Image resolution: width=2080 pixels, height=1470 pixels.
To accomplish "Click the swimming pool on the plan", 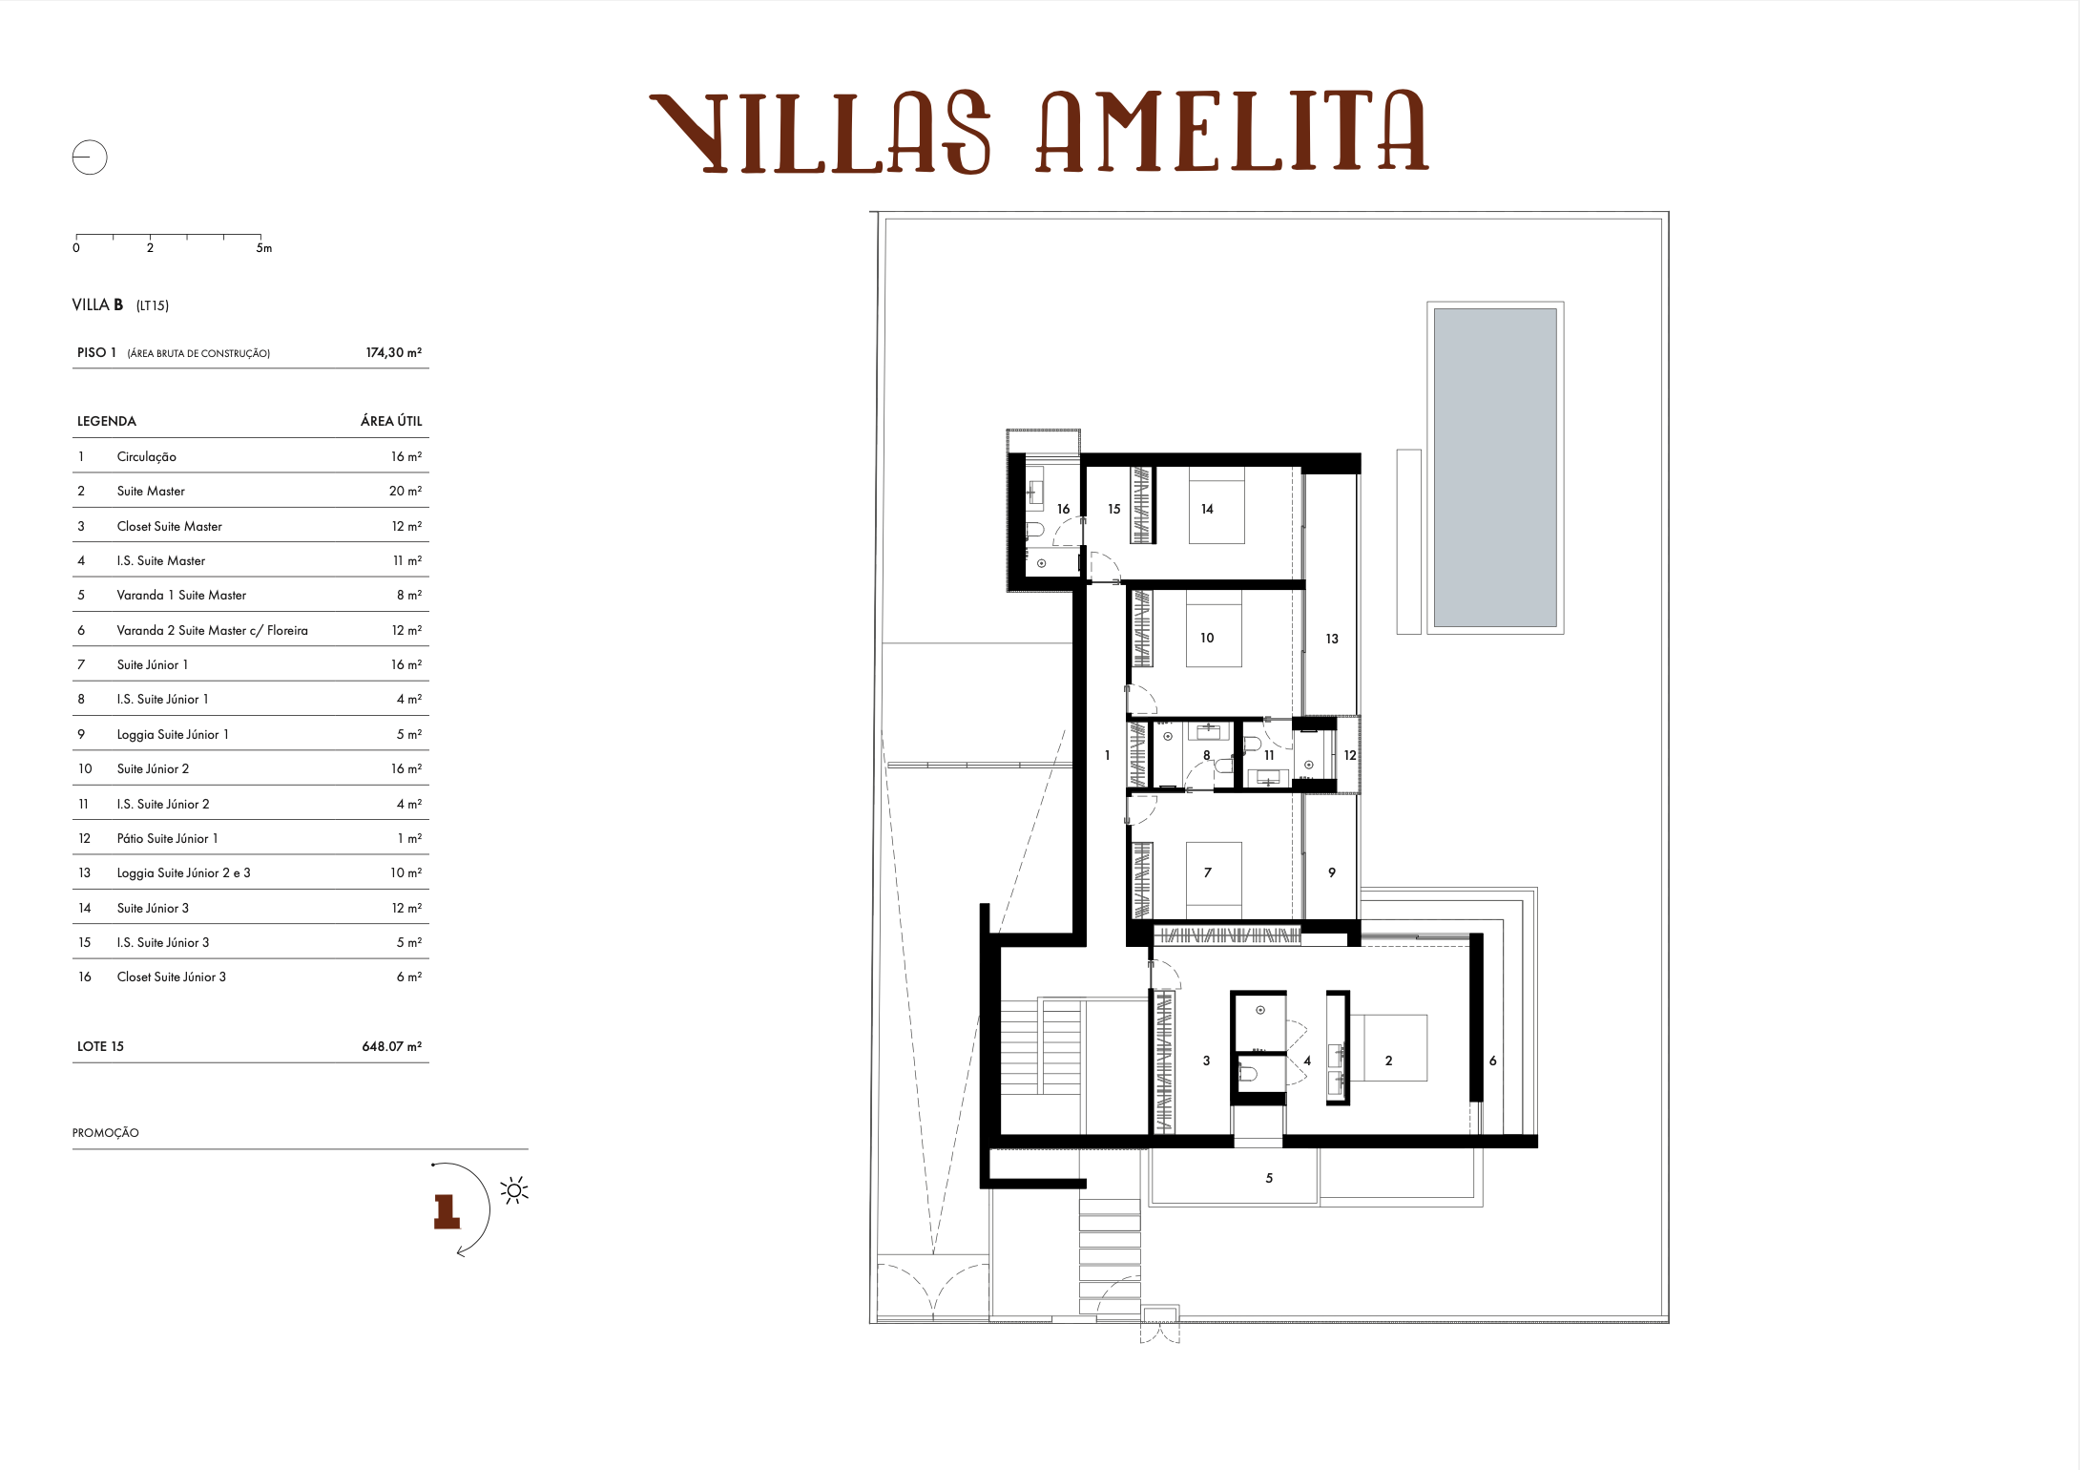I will point(1494,467).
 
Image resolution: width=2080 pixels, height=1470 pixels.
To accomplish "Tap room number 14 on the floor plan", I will point(1207,510).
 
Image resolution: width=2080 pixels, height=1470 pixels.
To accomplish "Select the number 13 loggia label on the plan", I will point(1332,639).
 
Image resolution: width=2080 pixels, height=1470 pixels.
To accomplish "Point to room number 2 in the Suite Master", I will point(1388,1060).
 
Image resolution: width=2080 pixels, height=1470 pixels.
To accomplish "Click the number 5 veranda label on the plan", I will point(1269,1178).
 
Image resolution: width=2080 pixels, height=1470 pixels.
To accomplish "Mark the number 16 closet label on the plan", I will point(1063,510).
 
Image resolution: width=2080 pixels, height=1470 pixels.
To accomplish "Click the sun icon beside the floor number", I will point(514,1190).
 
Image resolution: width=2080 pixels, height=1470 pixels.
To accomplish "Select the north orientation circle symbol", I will point(90,157).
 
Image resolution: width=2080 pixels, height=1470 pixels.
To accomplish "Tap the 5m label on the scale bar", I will point(264,248).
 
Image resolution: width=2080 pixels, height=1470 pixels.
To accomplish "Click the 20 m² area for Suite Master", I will point(405,491).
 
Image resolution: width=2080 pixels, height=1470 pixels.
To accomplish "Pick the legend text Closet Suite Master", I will point(169,526).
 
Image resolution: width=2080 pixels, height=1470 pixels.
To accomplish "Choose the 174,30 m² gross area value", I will point(393,352).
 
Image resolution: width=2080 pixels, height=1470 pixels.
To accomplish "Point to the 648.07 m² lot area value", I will point(391,1046).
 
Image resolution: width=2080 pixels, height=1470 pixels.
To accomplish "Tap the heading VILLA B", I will point(97,304).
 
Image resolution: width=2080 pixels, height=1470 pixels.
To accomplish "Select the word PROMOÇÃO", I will point(105,1133).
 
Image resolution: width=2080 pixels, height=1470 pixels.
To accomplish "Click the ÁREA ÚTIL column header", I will point(390,421).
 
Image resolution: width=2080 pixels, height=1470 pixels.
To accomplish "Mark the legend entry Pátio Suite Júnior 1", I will point(167,838).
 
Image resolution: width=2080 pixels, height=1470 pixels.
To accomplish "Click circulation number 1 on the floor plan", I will point(1107,755).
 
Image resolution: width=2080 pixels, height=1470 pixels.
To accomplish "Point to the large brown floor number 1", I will point(447,1211).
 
